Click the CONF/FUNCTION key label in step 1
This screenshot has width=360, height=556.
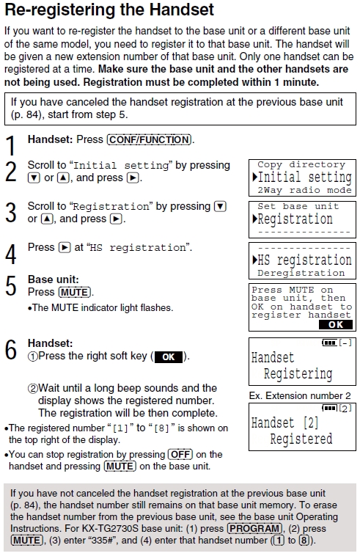(x=149, y=139)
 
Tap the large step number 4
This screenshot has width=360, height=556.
(x=10, y=254)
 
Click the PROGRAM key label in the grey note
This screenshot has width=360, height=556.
(x=254, y=528)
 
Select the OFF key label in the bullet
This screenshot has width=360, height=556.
(x=180, y=454)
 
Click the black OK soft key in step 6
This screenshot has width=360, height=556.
(x=169, y=356)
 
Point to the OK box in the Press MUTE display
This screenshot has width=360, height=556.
(x=336, y=324)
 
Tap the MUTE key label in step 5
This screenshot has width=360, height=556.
(x=75, y=292)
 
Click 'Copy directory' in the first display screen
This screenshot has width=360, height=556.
(x=301, y=164)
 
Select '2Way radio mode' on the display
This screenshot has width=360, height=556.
(x=304, y=191)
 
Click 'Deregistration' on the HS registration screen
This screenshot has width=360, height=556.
(x=301, y=273)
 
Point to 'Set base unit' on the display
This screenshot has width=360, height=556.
(x=298, y=206)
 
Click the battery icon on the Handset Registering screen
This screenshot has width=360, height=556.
(x=329, y=343)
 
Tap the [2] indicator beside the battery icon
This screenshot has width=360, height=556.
(x=345, y=409)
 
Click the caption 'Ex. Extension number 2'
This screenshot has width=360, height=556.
(x=300, y=395)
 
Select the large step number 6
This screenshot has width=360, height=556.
(x=10, y=349)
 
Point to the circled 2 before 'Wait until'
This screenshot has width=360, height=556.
(x=32, y=389)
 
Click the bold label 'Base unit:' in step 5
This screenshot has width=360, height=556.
(x=53, y=279)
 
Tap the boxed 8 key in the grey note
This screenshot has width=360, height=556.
(x=304, y=541)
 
